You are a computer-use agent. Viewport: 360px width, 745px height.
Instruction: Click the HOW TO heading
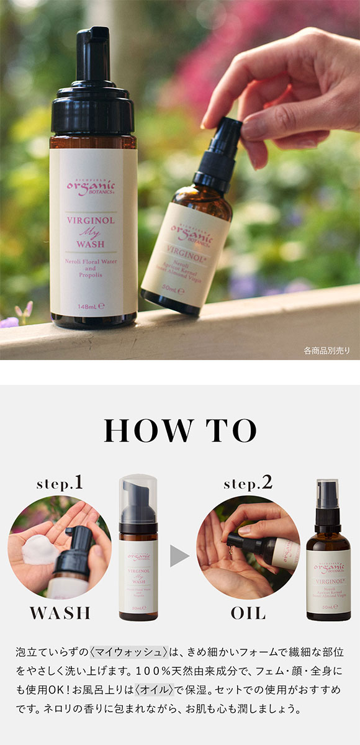180,430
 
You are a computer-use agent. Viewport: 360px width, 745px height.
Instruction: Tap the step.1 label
60,483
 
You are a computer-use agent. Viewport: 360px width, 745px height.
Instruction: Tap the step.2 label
248,483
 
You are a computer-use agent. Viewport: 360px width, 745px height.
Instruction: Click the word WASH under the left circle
60,613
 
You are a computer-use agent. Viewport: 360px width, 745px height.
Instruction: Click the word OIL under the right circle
248,613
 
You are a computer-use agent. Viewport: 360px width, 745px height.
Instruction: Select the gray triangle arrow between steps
179,556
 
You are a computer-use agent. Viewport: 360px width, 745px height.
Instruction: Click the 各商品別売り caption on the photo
326,351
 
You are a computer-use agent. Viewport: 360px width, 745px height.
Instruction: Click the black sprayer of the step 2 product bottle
327,500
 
